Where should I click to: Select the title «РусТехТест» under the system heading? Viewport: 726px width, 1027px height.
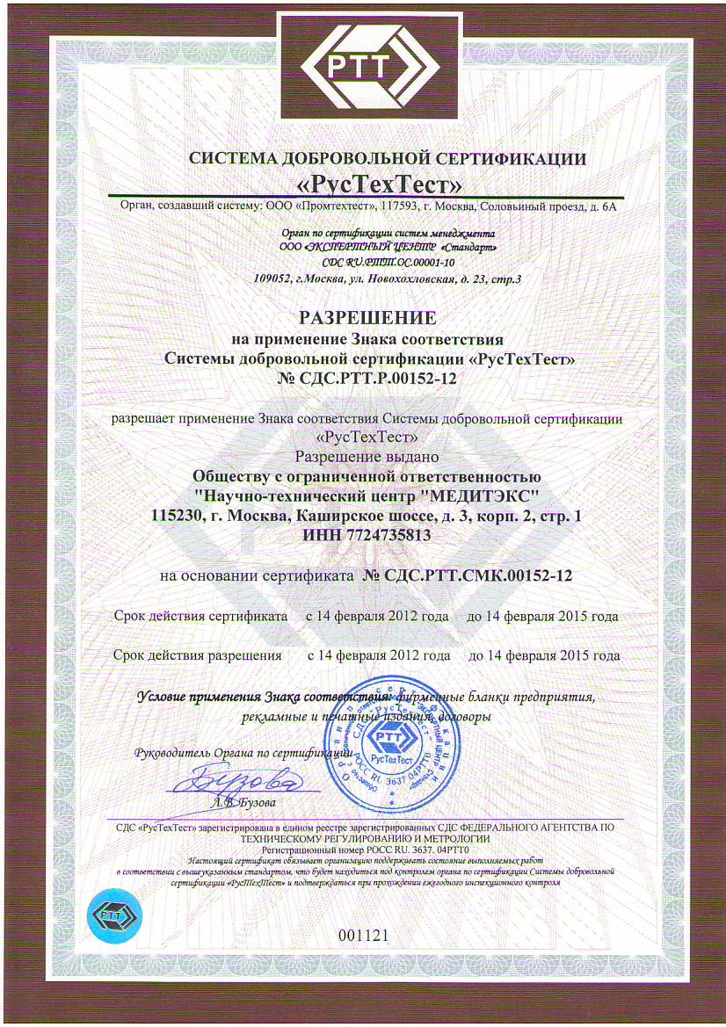point(362,184)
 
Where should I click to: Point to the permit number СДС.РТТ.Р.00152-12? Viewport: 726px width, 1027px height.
point(363,378)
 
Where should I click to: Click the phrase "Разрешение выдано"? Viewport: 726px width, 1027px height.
point(363,457)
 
